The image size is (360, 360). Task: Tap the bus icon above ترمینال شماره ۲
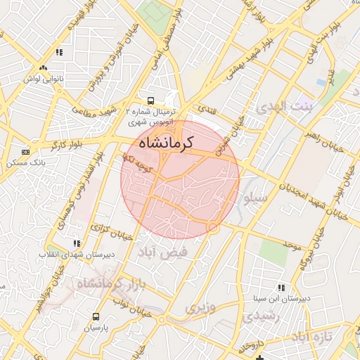point(150,100)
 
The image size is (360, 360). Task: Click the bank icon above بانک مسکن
point(26,152)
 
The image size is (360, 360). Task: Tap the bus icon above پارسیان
point(96,316)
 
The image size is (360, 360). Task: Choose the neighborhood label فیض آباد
point(163,251)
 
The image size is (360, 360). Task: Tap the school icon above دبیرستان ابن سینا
point(281,288)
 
